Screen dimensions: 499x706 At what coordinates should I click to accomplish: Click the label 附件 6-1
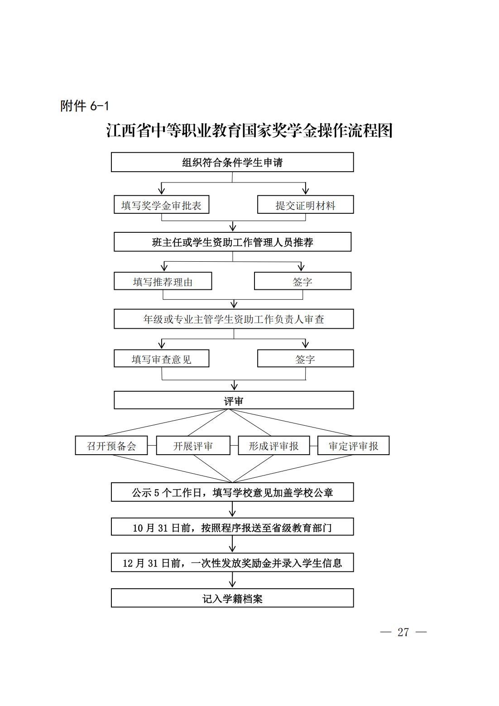click(85, 106)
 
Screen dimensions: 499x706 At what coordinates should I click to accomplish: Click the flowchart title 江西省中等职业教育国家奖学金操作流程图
click(249, 130)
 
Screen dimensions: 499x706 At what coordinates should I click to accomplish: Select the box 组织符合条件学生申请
click(232, 162)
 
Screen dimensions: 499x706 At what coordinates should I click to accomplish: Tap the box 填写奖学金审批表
click(161, 205)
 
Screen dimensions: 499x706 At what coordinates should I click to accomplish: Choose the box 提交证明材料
click(306, 205)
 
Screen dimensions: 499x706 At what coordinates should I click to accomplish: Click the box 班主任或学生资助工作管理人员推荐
click(233, 242)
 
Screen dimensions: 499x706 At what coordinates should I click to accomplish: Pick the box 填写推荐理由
click(163, 281)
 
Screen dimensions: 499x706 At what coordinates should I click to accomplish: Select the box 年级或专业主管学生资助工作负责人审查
click(234, 319)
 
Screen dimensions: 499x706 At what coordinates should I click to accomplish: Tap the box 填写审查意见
click(161, 358)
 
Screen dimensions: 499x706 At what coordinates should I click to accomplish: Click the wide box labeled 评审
click(234, 400)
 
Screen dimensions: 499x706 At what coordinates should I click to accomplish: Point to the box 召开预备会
click(111, 445)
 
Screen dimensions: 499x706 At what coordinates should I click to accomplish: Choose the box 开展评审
click(193, 445)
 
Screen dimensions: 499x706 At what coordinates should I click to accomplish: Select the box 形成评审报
click(274, 445)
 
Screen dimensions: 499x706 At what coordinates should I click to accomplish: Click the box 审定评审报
click(353, 445)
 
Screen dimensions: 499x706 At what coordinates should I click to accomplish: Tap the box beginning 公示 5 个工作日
click(232, 492)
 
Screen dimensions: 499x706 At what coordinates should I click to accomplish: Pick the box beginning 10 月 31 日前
click(232, 527)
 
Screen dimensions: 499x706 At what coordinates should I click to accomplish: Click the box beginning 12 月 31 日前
click(232, 562)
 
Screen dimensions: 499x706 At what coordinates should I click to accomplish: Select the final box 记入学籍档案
click(232, 598)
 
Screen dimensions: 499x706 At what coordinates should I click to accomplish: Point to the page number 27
click(403, 632)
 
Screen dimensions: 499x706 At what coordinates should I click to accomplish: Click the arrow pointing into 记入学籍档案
click(232, 580)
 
